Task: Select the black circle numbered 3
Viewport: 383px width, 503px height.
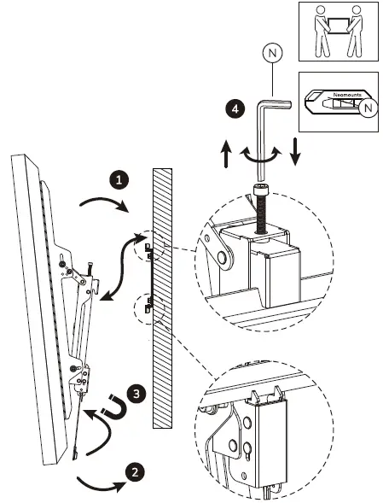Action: click(136, 395)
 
